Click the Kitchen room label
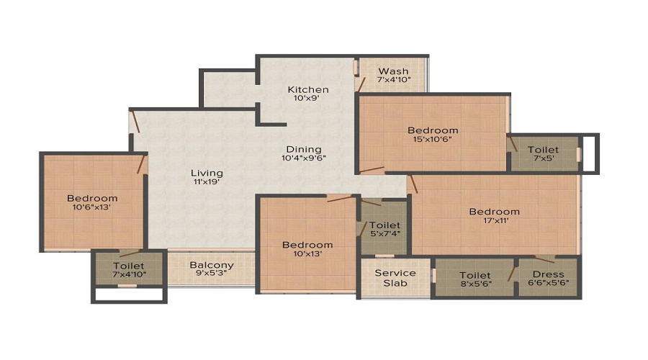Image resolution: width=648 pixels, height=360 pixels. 308,90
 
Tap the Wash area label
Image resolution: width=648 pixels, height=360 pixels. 394,71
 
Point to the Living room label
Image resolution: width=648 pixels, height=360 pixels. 207,173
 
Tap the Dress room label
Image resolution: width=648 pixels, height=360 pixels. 547,274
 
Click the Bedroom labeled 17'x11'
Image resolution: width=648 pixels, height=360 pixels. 495,212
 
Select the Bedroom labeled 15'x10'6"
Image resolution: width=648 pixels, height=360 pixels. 433,130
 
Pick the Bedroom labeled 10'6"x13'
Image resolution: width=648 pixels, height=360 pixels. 92,198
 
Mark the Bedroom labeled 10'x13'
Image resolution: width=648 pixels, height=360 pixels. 307,245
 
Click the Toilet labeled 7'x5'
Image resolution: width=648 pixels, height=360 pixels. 542,150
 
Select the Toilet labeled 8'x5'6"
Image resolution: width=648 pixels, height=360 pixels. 475,275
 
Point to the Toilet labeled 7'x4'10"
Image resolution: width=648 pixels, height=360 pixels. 128,266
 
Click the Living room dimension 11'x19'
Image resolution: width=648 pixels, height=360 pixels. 207,182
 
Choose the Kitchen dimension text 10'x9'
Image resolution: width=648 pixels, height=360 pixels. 308,99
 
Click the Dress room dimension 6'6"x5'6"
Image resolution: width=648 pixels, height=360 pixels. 547,284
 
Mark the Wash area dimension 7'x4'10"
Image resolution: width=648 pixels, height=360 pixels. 394,80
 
